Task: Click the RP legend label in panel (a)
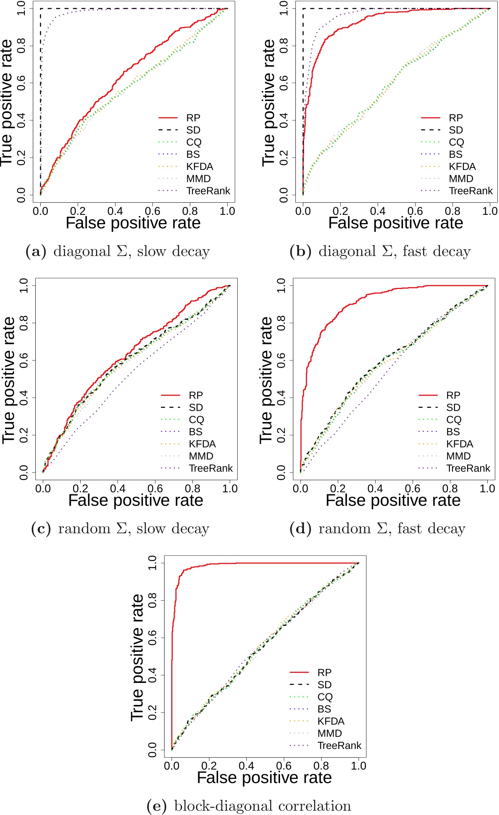pyautogui.click(x=193, y=118)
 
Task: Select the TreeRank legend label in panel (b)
pyautogui.click(x=470, y=191)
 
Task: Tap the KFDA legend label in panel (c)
pyautogui.click(x=202, y=444)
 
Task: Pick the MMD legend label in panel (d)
pyautogui.click(x=458, y=456)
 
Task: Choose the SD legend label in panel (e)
pyautogui.click(x=324, y=685)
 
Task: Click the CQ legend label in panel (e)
pyautogui.click(x=325, y=697)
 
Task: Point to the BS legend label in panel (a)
pyautogui.click(x=193, y=155)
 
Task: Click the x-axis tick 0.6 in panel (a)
pyautogui.click(x=152, y=211)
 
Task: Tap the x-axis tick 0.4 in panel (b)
pyautogui.click(x=378, y=211)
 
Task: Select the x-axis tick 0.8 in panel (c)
pyautogui.click(x=192, y=489)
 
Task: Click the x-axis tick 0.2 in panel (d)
pyautogui.click(x=338, y=489)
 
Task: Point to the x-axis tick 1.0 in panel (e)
pyautogui.click(x=359, y=766)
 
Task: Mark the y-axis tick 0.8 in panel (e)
pyautogui.click(x=152, y=600)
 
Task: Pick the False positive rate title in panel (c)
pyautogui.click(x=135, y=501)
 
